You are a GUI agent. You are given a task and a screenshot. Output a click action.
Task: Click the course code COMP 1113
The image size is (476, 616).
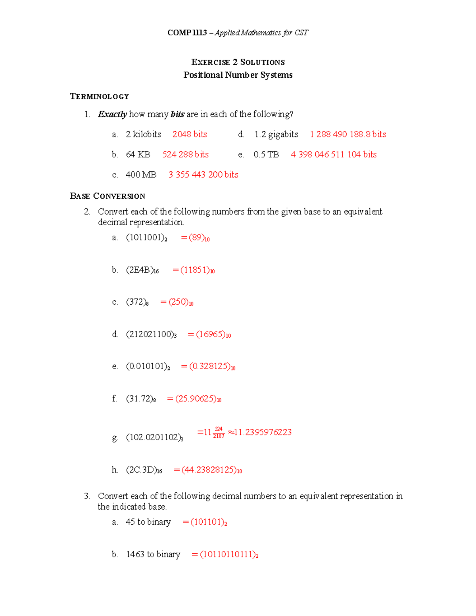click(x=187, y=33)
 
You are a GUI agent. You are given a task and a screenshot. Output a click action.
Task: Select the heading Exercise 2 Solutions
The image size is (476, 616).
click(x=238, y=62)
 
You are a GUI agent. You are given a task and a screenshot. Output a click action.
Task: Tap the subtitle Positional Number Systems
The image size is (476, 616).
click(x=238, y=75)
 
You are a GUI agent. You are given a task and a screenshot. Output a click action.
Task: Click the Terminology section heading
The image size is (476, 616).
click(x=99, y=96)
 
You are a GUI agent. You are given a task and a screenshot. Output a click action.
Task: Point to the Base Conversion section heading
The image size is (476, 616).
click(x=107, y=196)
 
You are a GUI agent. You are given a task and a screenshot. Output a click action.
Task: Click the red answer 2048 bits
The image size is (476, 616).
click(x=190, y=134)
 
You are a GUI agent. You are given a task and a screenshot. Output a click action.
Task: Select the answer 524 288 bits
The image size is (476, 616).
click(x=185, y=154)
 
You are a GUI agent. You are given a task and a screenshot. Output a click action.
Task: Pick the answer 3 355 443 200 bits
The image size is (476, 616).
click(x=203, y=175)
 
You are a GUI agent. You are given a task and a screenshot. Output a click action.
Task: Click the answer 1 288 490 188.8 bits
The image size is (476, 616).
click(x=348, y=134)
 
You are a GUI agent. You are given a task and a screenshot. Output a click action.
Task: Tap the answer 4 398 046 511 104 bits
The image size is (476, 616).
click(x=334, y=154)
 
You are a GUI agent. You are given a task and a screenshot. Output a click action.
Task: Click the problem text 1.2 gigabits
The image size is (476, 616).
click(x=276, y=134)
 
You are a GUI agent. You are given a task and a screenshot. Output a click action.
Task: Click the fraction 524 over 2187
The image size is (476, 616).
click(x=219, y=432)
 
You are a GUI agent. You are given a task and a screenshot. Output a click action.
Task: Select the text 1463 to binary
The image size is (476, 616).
click(x=153, y=554)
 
